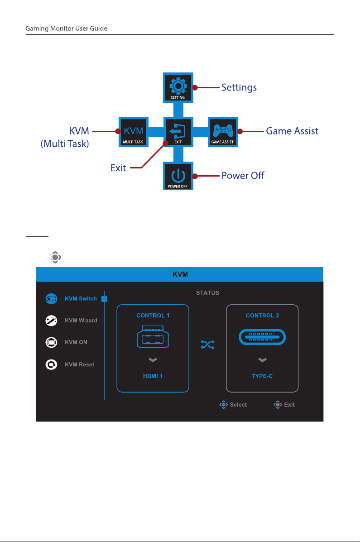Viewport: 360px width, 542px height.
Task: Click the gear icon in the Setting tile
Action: coord(178,86)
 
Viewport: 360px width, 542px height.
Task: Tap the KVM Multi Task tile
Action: coord(134,132)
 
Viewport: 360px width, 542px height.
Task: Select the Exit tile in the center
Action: coord(178,132)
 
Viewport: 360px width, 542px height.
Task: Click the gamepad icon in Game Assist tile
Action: coord(223,131)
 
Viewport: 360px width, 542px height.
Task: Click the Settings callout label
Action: coord(239,87)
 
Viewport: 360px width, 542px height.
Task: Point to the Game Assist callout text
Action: coord(292,131)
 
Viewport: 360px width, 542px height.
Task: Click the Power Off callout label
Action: coord(243,176)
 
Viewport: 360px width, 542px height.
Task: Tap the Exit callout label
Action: coord(118,168)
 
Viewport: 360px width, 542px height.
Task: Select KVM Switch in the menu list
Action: coord(81,299)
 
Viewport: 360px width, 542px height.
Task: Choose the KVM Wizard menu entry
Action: coord(81,321)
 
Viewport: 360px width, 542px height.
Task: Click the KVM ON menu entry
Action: coord(76,342)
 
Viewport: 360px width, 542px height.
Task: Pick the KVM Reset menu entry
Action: coord(80,365)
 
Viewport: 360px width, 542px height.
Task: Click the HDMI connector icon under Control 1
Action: coord(153,336)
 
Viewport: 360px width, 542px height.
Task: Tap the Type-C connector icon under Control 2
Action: coord(262,337)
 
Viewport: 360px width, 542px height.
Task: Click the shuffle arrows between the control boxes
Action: coord(207,345)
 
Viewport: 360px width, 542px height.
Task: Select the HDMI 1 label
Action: coord(153,376)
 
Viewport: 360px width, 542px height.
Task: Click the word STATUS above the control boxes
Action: coord(207,293)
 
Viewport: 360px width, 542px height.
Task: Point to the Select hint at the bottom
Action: coord(233,405)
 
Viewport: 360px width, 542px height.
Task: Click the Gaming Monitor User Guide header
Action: coord(67,29)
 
